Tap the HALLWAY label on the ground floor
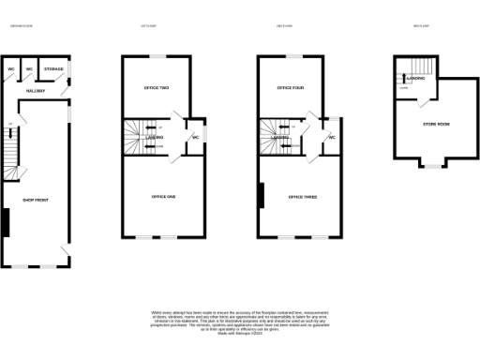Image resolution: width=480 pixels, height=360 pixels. pyautogui.click(x=35, y=91)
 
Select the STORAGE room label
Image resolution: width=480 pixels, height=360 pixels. pyautogui.click(x=53, y=69)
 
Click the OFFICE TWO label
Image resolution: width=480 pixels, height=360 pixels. pyautogui.click(x=157, y=88)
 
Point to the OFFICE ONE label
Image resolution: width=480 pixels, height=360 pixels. pyautogui.click(x=164, y=197)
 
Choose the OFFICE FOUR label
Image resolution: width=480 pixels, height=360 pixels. pyautogui.click(x=292, y=88)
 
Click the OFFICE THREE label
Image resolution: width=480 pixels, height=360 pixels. pyautogui.click(x=302, y=197)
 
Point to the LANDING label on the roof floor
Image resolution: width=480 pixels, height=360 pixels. pyautogui.click(x=416, y=79)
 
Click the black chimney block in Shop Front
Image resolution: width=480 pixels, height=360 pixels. pyautogui.click(x=6, y=222)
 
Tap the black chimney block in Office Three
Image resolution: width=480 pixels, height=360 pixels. pyautogui.click(x=262, y=195)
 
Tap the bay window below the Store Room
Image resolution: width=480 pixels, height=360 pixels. pyautogui.click(x=432, y=166)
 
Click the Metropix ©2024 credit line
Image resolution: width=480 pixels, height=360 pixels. pyautogui.click(x=240, y=333)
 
